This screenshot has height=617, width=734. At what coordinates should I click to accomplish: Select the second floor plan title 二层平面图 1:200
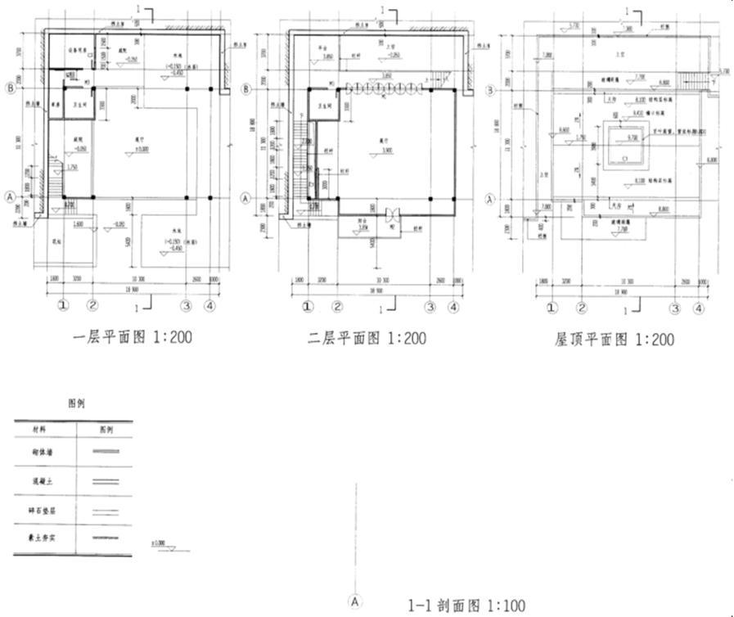point(367,337)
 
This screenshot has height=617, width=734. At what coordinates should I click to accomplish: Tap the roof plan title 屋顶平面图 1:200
point(615,339)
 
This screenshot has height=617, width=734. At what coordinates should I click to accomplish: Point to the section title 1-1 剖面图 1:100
point(466,606)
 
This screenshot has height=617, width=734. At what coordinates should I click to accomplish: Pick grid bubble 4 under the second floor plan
point(453,308)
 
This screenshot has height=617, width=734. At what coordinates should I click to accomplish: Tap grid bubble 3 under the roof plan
point(675,308)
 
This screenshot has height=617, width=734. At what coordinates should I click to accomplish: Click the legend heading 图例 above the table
point(76,403)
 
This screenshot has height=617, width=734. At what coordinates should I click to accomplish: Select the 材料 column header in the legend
point(40,428)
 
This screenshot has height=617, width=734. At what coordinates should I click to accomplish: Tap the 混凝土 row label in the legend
point(40,481)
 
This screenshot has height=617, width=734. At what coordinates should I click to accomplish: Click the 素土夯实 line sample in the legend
point(106,538)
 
